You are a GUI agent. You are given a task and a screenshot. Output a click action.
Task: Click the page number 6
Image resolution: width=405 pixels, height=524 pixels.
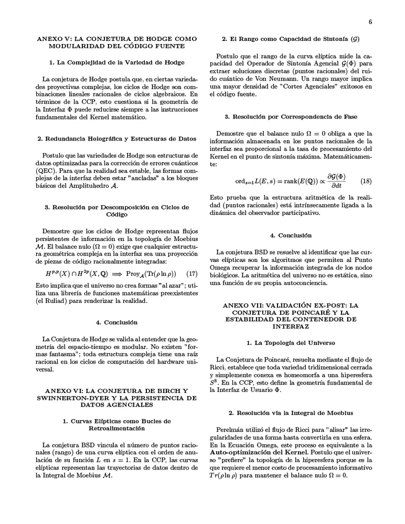370,22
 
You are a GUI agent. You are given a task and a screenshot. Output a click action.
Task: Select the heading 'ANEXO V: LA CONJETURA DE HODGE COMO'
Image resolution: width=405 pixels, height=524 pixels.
116,39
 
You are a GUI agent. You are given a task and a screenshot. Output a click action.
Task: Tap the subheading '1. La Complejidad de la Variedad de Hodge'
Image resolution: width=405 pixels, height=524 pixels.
116,62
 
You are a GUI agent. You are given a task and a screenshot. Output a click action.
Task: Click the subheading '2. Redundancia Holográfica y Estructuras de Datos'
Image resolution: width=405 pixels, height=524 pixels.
116,139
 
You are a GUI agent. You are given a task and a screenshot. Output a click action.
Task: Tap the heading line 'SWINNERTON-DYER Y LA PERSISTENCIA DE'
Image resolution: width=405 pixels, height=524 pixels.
116,398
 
